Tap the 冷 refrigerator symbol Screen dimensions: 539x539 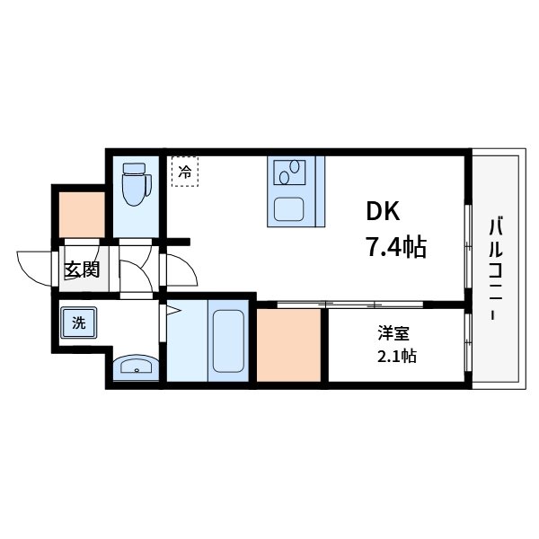point(184,172)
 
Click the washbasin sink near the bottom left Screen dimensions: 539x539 point(136,367)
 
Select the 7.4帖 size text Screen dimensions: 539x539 point(395,244)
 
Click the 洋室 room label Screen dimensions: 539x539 point(393,333)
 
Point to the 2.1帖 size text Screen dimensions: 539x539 point(395,357)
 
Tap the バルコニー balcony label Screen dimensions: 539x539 point(495,269)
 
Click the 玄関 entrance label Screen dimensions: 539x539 point(81,268)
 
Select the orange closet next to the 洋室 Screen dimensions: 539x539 point(289,343)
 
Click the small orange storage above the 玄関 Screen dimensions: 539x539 point(81,214)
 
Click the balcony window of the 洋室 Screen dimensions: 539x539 point(467,341)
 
